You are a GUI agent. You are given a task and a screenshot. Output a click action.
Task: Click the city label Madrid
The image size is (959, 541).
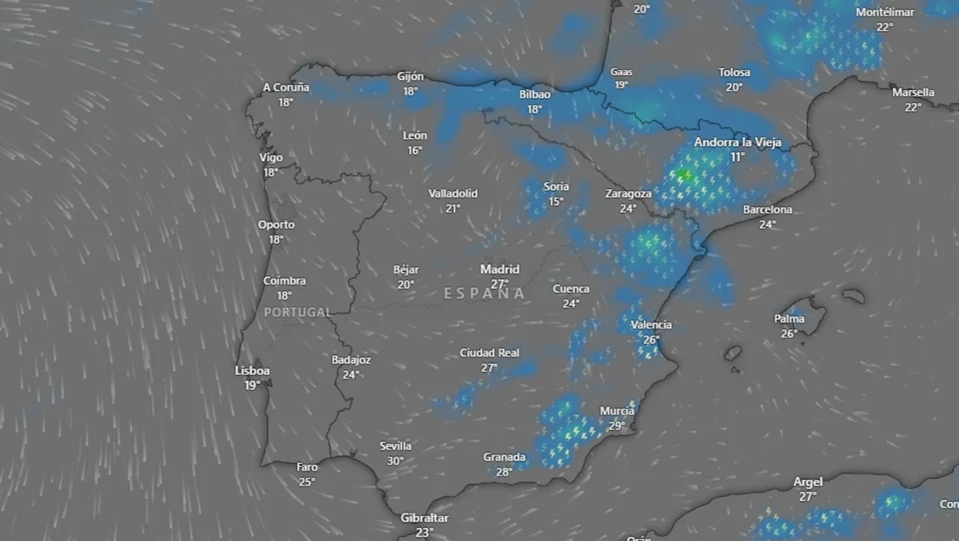coord(499,269)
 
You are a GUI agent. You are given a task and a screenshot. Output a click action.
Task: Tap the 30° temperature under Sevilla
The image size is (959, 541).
coord(395,461)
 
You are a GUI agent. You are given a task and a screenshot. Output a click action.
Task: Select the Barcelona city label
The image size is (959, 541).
coord(767,210)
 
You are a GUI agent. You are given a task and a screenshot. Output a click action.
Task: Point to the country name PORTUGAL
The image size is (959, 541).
coord(297,312)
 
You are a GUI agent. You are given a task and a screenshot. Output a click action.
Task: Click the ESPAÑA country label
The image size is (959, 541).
coord(484,293)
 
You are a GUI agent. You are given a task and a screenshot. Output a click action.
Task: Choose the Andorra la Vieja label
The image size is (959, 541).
coord(737,143)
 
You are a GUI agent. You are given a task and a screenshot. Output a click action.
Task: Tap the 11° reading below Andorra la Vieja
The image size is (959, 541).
coord(737,157)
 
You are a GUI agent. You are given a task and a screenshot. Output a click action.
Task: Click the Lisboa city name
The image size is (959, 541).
coord(252,371)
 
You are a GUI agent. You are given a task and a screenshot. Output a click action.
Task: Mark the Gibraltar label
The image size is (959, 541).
coord(425,518)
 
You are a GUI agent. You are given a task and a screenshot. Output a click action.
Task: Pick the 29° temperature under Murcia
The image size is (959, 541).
coord(616,426)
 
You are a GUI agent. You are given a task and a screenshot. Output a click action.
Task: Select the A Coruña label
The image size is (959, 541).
coord(286,88)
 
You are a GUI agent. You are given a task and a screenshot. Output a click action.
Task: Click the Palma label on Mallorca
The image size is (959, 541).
coord(789,319)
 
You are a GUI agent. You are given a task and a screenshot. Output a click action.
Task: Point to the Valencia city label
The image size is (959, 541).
coord(651,325)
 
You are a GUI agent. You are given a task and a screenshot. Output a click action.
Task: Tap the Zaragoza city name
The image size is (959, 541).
coord(627,194)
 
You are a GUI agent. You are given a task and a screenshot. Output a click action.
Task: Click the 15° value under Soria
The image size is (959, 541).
coord(556,201)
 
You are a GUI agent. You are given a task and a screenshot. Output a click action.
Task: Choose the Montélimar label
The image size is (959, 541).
coord(884,12)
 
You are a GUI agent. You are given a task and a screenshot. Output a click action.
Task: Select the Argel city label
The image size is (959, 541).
coord(808,482)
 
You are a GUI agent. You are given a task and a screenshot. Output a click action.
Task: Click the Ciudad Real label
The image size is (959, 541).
coord(489,353)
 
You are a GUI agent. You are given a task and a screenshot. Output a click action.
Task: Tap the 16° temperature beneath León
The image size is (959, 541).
coord(414,150)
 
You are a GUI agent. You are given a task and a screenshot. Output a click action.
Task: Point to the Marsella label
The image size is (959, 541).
coord(913,93)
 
